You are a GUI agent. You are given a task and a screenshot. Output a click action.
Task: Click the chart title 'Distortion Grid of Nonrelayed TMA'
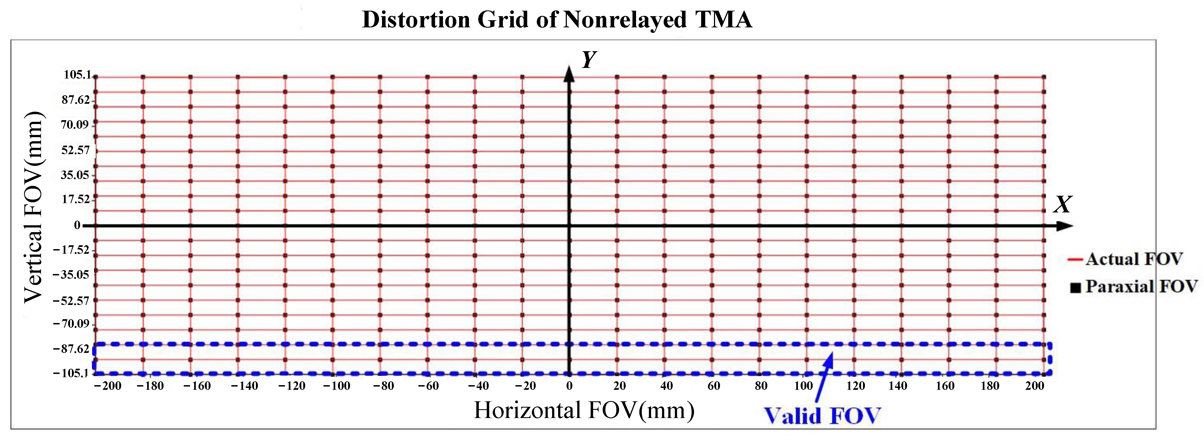pyautogui.click(x=557, y=20)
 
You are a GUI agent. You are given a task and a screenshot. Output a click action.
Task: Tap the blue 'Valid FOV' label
pyautogui.click(x=822, y=415)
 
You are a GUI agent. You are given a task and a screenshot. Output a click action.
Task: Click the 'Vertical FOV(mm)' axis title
pyautogui.click(x=34, y=207)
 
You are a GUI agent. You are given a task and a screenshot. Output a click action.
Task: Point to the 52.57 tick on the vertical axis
pyautogui.click(x=75, y=150)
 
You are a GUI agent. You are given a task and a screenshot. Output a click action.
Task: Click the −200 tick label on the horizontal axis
pyautogui.click(x=107, y=386)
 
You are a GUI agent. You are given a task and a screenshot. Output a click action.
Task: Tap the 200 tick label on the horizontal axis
pyautogui.click(x=1034, y=386)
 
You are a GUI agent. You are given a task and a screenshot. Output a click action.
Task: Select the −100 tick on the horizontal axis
pyautogui.click(x=337, y=386)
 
